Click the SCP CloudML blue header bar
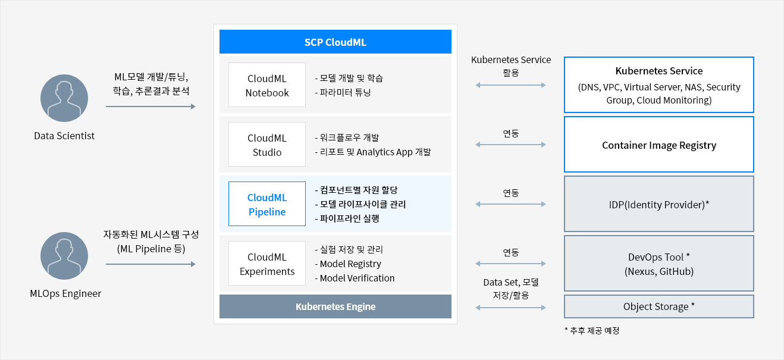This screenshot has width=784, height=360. (335, 42)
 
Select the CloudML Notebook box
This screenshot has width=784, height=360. (267, 84)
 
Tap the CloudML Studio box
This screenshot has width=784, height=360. (267, 144)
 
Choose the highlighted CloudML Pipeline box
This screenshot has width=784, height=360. (267, 204)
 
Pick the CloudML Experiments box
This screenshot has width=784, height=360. (267, 264)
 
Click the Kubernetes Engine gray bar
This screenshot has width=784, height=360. (335, 306)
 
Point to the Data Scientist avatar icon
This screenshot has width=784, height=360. (64, 98)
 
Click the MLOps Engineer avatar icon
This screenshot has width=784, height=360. (64, 256)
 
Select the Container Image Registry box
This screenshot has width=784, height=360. (659, 144)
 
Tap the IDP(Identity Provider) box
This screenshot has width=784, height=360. (659, 204)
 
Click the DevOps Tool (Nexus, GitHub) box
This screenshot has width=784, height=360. (659, 264)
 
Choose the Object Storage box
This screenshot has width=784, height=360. (659, 306)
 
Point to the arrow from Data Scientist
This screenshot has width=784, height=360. (150, 107)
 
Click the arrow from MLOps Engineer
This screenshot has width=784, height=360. (150, 264)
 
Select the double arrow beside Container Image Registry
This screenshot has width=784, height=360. (510, 145)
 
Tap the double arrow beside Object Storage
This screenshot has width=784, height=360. (510, 308)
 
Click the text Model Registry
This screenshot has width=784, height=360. (350, 264)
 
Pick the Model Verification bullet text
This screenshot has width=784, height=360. (355, 278)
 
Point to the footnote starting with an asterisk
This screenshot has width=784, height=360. (592, 331)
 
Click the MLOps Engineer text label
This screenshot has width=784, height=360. (65, 293)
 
